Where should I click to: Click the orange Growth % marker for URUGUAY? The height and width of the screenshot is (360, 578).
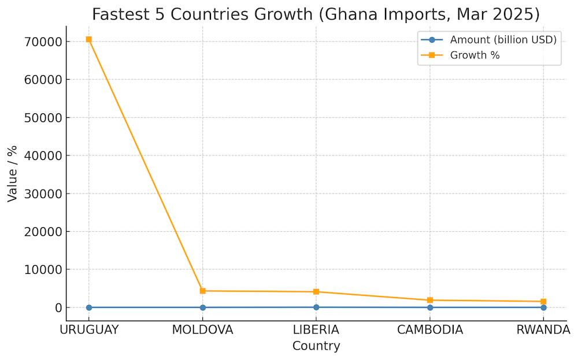(88, 39)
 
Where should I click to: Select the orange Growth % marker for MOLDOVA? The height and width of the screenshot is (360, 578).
(202, 291)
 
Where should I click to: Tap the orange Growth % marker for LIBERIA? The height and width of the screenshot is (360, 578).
(316, 292)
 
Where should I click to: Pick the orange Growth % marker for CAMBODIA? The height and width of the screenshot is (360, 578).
(430, 300)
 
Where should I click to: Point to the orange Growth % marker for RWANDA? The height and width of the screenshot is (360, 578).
(543, 302)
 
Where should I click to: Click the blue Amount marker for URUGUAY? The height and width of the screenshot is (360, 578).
(88, 307)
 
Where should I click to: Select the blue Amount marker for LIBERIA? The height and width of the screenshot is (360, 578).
(316, 307)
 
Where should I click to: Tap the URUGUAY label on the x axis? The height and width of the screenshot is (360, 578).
(88, 330)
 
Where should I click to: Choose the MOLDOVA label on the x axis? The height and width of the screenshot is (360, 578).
(202, 330)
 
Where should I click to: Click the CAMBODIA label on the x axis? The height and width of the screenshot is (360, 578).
(430, 330)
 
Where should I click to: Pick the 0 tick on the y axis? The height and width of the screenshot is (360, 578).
(58, 308)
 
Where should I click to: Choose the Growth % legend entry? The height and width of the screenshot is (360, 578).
(475, 55)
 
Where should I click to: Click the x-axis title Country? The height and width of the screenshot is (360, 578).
(316, 346)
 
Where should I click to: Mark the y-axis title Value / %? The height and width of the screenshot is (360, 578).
(13, 173)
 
